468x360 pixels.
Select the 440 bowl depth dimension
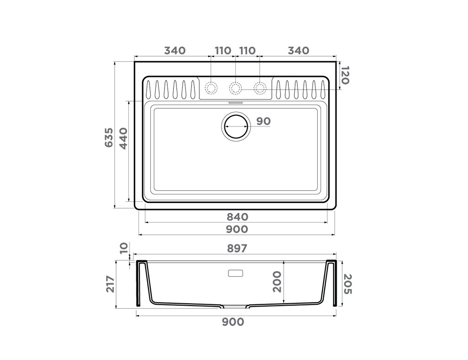[123, 138]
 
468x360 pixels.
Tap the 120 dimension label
[345, 75]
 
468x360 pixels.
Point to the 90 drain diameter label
[263, 121]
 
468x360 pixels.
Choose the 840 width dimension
[236, 216]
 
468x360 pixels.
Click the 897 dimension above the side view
[236, 248]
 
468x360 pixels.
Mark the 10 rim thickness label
[123, 249]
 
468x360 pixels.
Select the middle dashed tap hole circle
[235, 87]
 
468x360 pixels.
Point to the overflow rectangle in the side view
[236, 274]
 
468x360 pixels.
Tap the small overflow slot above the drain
[236, 103]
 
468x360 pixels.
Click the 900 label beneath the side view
[233, 322]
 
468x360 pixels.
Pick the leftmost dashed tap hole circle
[211, 87]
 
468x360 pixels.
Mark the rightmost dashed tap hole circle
[260, 87]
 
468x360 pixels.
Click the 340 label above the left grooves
[175, 50]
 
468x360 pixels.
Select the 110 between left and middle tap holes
[223, 50]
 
